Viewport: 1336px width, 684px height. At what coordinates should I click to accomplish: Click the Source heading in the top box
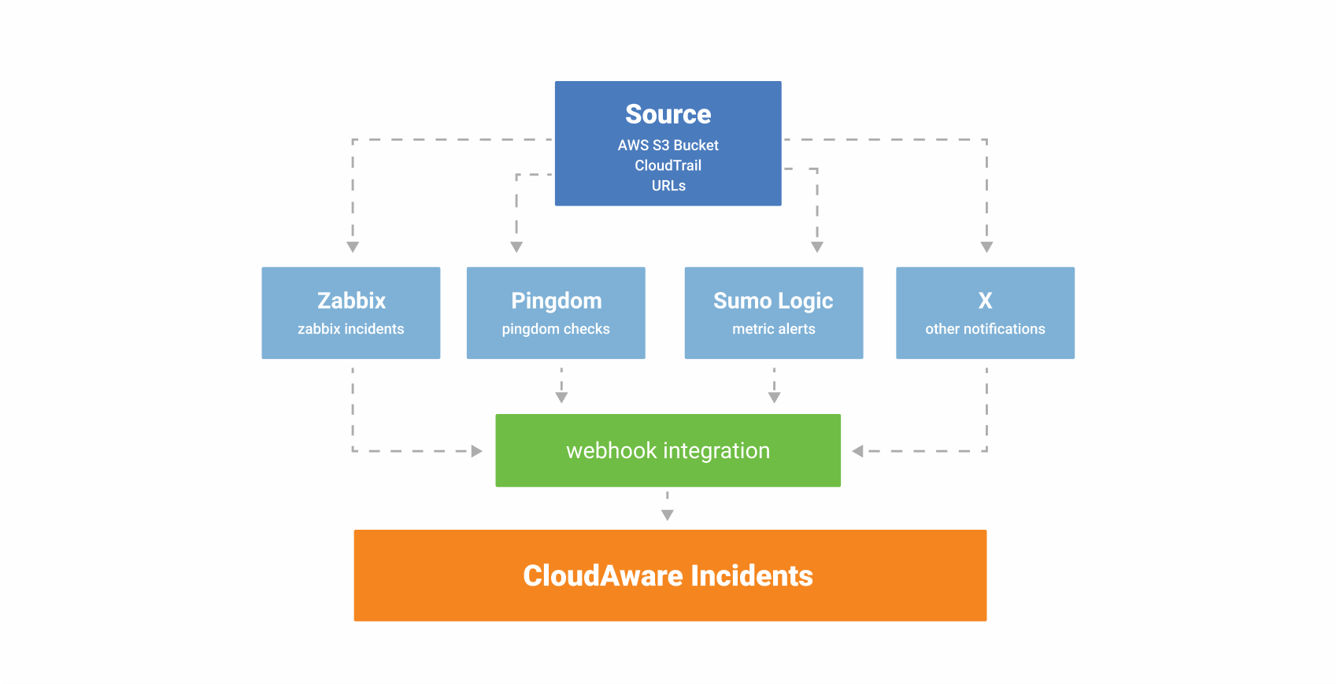[x=668, y=115]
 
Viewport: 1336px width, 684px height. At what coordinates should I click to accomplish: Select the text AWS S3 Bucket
[x=668, y=146]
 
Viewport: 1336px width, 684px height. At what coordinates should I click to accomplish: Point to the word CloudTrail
[x=668, y=165]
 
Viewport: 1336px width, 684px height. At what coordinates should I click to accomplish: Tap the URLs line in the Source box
[x=668, y=186]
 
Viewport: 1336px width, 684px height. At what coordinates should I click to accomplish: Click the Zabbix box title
[x=351, y=301]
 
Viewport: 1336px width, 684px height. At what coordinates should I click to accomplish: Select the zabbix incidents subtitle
[x=351, y=329]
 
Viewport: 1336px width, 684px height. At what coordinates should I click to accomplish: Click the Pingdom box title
[x=556, y=301]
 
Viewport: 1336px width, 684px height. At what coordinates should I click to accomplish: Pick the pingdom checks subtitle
[x=556, y=329]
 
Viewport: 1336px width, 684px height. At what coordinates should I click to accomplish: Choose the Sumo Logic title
[x=773, y=301]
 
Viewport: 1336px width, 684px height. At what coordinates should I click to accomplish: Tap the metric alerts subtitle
[x=773, y=329]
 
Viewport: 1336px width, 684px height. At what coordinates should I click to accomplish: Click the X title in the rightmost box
[x=985, y=301]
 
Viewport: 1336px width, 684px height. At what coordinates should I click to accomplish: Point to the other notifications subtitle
[x=985, y=329]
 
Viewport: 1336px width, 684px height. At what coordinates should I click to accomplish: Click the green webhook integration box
[x=668, y=450]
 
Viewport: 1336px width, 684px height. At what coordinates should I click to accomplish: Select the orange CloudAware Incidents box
[x=669, y=575]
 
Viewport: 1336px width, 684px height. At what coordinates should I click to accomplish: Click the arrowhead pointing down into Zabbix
[x=353, y=247]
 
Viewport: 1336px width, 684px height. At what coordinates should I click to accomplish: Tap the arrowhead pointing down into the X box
[x=986, y=247]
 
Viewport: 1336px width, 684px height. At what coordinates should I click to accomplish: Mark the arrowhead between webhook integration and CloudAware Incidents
[x=668, y=515]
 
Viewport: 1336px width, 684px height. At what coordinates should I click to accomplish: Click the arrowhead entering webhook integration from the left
[x=476, y=451]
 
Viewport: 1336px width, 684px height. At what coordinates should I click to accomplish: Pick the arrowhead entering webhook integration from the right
[x=858, y=451]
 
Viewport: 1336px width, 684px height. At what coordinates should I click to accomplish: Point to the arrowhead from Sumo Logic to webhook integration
[x=775, y=397]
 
